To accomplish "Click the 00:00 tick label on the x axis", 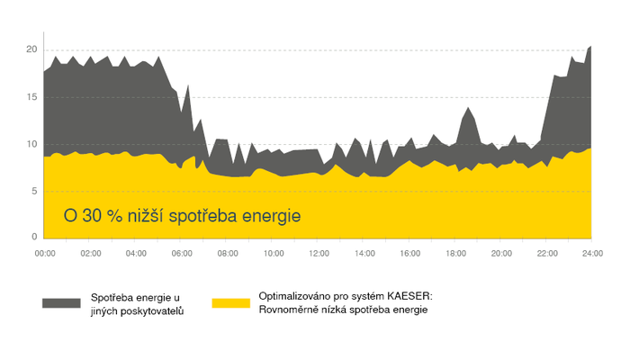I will (45, 255).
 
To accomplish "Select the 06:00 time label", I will (182, 255).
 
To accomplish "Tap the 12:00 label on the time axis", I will (318, 255).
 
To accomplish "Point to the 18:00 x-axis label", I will (455, 255).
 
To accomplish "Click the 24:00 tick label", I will (591, 255).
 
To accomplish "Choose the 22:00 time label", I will (546, 255).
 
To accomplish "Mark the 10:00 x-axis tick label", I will (273, 255).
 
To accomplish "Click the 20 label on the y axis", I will (31, 49).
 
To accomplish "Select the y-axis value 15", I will (31, 96).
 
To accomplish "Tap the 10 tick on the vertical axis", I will (31, 144).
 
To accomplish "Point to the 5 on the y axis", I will (33, 191).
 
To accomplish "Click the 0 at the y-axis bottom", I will (33, 237).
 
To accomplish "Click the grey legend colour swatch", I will (62, 302).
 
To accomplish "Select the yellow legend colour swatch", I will (230, 302).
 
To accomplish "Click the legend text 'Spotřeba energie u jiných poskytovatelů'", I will (139, 303).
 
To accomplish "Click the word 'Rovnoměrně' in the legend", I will (290, 310).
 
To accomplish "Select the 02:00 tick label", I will (91, 255).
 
